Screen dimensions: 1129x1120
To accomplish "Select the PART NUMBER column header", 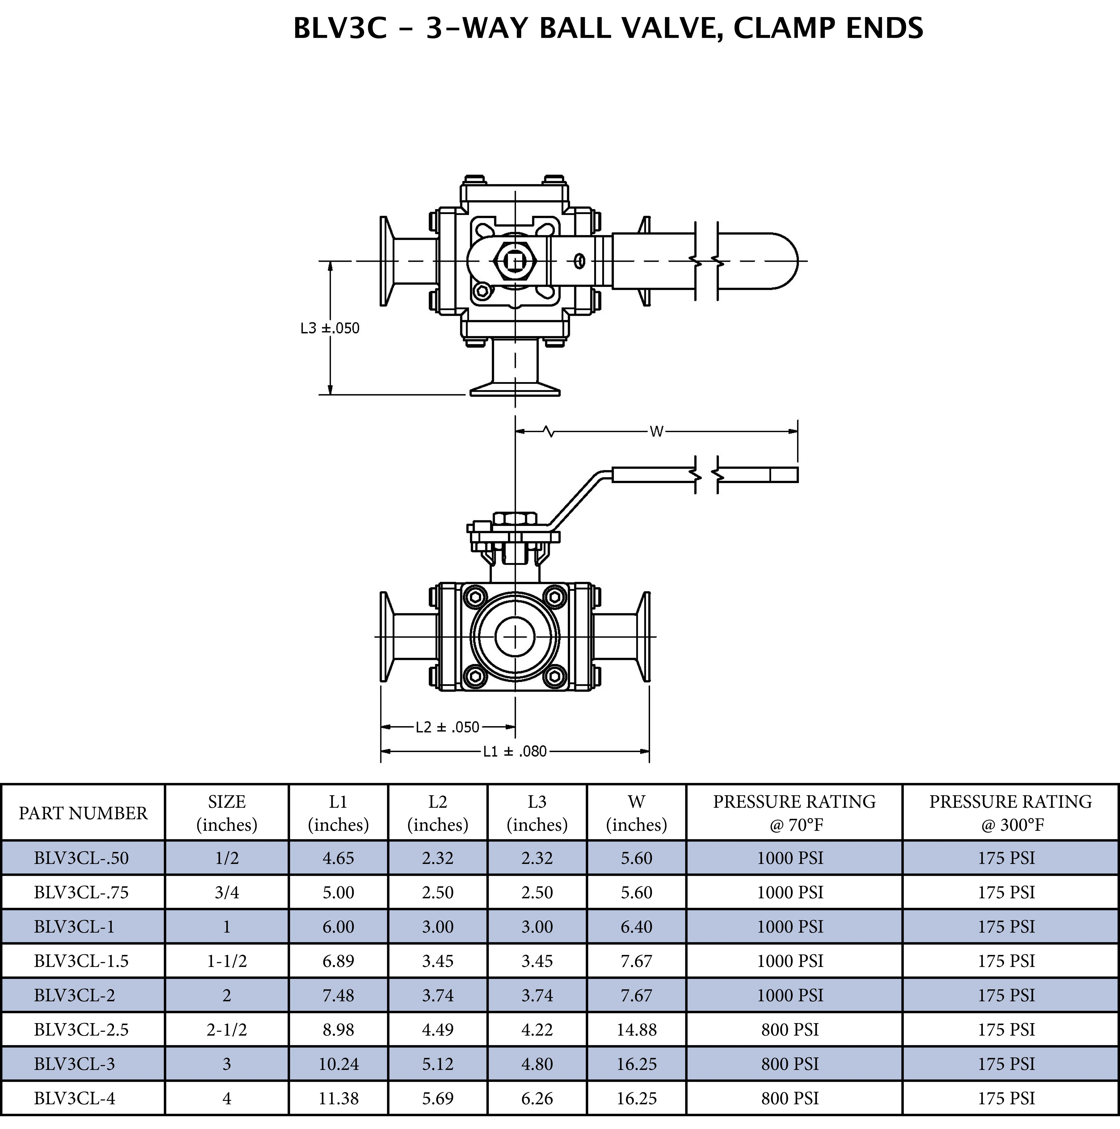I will coord(83,813).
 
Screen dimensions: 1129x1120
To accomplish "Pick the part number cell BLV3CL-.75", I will coord(81,892).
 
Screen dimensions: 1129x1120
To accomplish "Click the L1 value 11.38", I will coord(338,1099).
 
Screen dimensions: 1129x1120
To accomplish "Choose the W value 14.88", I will coord(636,1030).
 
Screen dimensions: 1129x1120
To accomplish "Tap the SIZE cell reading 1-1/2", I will coord(227,961).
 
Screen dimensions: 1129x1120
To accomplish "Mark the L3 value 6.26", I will coord(537,1099).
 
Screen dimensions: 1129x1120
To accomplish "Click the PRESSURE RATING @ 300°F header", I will coord(1010,813).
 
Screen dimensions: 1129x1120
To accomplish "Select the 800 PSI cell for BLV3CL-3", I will coord(790,1064).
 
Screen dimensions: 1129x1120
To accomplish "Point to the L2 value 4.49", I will coord(438,1030).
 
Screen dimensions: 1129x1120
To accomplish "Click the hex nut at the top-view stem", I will coord(515,261).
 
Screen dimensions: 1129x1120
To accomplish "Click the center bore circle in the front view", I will coord(515,636).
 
